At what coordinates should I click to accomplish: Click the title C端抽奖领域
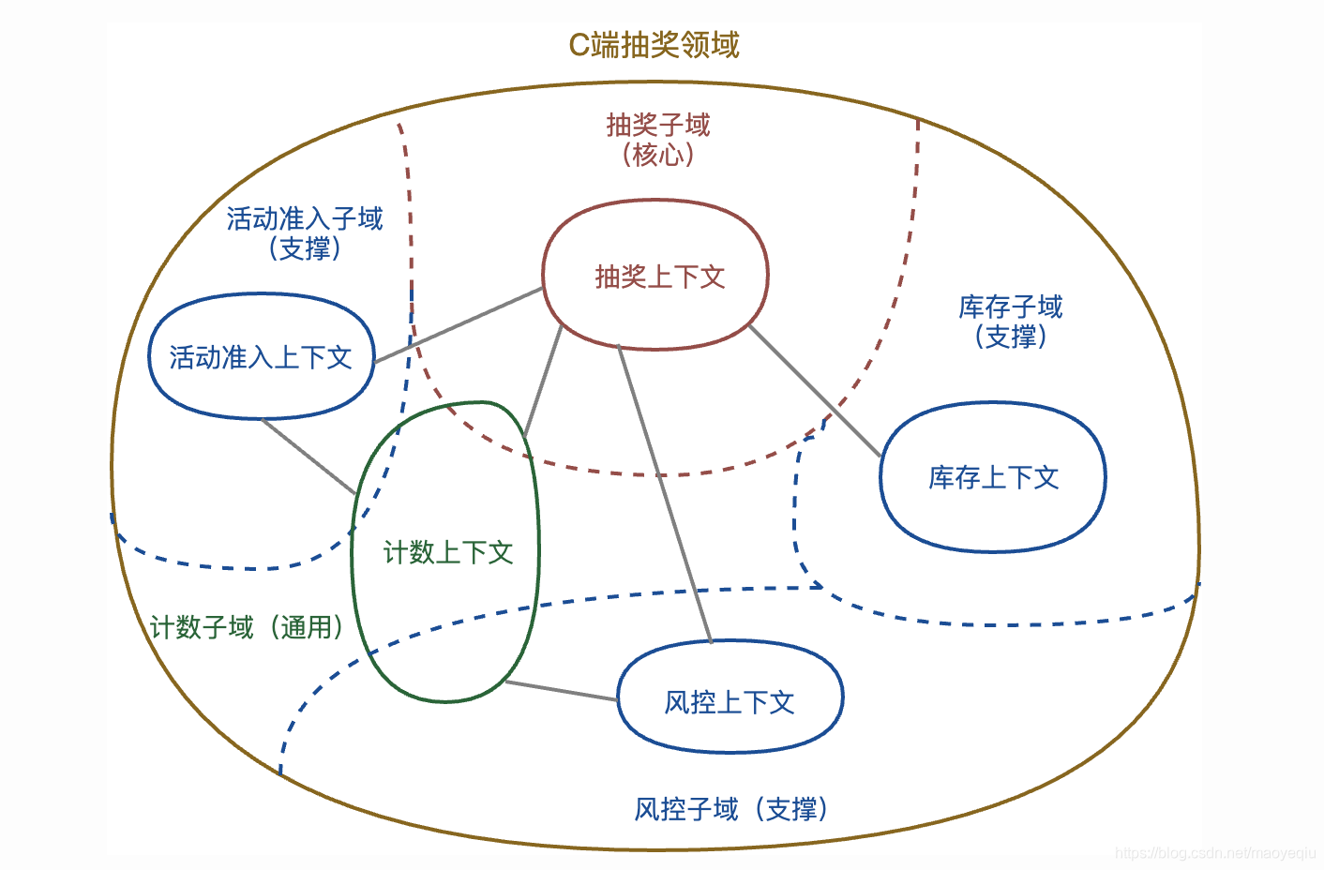[654, 45]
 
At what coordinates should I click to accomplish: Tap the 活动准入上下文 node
[262, 357]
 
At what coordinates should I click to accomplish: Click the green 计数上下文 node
[446, 552]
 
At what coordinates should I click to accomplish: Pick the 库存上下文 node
[993, 478]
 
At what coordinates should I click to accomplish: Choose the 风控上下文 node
[730, 701]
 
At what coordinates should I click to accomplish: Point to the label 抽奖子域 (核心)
[658, 139]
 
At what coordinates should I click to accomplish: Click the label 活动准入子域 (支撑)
[305, 232]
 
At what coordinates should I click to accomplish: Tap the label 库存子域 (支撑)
[1010, 321]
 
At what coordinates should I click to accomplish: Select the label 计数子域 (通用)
[247, 627]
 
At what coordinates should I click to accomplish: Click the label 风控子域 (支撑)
[731, 808]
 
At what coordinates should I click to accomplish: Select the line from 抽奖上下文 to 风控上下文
[664, 492]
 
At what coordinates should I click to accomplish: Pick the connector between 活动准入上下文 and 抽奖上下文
[459, 324]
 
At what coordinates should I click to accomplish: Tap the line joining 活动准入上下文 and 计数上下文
[308, 456]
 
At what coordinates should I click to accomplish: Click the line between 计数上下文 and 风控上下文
[561, 691]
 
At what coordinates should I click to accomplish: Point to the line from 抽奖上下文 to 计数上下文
[543, 381]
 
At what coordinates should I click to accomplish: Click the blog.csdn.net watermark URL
[1215, 852]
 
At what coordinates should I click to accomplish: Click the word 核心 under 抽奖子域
[658, 155]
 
